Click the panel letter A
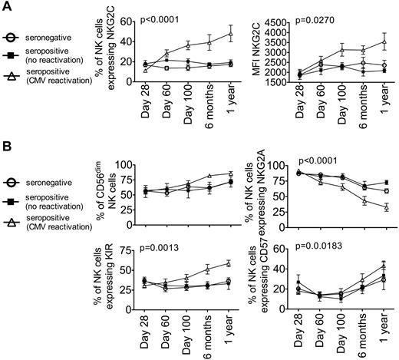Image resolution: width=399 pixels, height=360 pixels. pyautogui.click(x=7, y=7)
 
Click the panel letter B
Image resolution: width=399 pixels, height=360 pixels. pyautogui.click(x=7, y=141)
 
